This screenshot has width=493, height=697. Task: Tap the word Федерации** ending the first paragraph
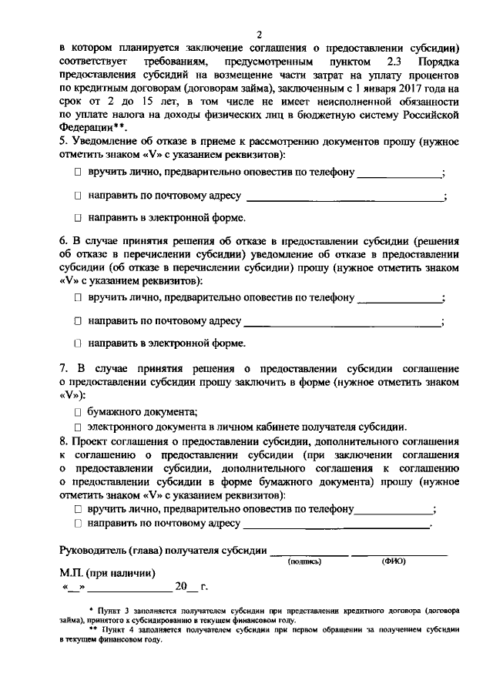92,128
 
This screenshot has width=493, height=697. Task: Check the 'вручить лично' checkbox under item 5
78,172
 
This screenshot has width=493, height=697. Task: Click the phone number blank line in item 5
399,172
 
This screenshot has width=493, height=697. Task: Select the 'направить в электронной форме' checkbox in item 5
78,218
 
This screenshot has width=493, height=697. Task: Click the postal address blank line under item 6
343,320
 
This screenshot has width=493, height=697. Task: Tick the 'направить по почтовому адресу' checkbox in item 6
78,320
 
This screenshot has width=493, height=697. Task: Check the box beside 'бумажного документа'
78,412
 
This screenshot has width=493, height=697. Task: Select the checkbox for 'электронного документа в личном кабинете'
78,427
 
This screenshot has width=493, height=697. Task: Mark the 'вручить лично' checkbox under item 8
78,509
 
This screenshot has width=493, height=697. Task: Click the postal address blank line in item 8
337,524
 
